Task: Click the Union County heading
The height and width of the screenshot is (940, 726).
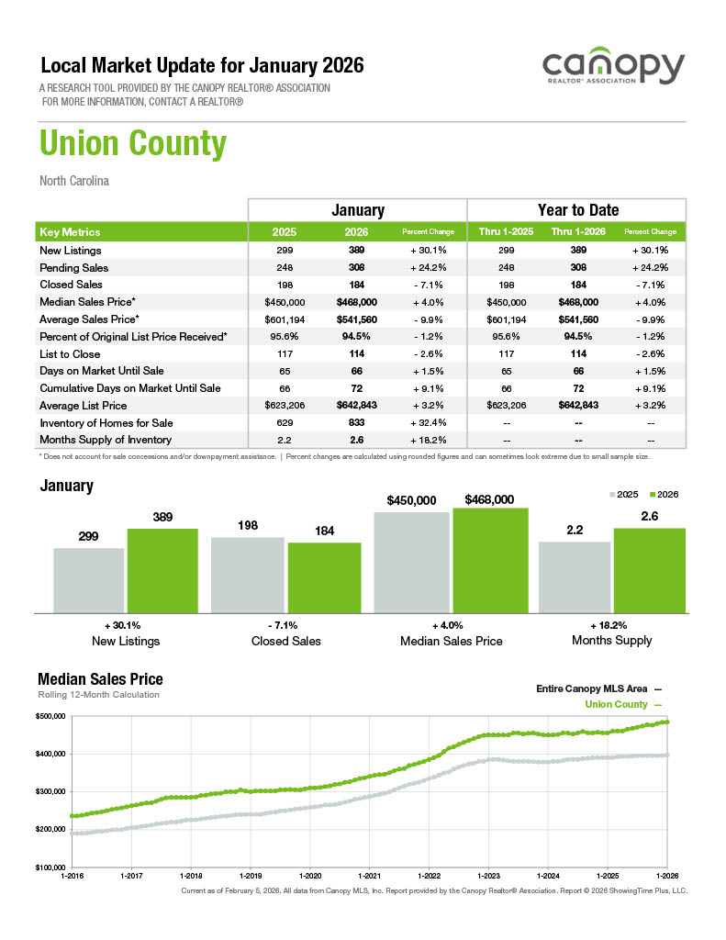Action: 132,144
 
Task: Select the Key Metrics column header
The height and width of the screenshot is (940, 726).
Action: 71,232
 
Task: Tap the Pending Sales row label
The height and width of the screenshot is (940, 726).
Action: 74,268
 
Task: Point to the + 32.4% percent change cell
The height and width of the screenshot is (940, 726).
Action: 429,422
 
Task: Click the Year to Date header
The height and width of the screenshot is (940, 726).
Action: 577,210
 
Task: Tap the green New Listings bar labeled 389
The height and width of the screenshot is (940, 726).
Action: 162,570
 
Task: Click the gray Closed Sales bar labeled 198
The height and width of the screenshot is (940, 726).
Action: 247,575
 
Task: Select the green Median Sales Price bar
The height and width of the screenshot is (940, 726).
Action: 490,560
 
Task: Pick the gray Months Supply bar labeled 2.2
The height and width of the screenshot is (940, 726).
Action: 574,576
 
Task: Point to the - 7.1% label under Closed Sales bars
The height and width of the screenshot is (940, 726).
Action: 286,624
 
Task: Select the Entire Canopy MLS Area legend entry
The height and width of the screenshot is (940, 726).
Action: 597,688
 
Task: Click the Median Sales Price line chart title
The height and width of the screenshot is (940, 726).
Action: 100,679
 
